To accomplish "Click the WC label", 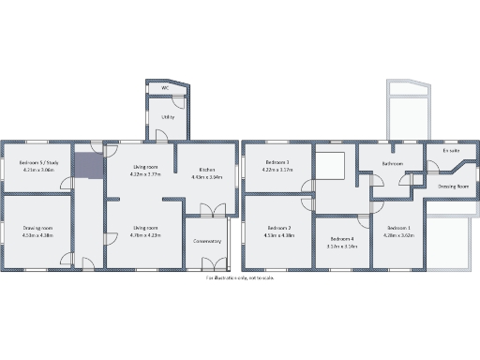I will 165,88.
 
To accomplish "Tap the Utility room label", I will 167,117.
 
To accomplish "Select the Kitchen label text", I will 205,170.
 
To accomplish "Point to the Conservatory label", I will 207,241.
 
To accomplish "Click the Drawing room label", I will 38,228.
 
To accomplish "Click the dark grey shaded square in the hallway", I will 87,165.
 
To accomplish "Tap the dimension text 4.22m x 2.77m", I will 144,173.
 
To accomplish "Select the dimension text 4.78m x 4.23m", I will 144,235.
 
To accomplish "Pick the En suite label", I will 450,150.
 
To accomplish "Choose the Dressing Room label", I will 453,186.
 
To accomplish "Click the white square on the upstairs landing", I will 332,165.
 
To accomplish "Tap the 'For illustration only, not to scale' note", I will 240,277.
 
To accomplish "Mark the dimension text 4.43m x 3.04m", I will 205,176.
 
